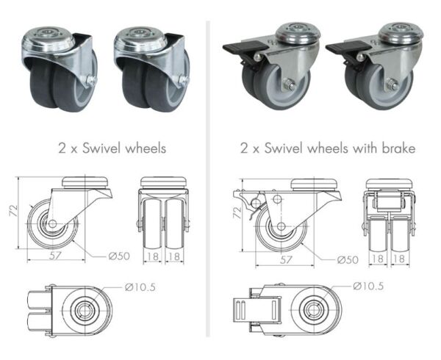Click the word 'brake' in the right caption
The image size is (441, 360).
click(x=398, y=148)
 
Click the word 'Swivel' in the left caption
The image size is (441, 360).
click(x=101, y=148)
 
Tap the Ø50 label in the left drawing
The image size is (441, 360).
click(x=119, y=256)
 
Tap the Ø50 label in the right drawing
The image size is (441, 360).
click(x=348, y=260)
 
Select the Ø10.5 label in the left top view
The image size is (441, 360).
click(x=140, y=287)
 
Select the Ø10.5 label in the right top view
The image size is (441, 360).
click(x=368, y=286)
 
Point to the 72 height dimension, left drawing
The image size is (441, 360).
click(x=13, y=211)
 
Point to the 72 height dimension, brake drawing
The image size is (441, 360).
click(x=237, y=213)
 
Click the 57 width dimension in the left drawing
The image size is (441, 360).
click(x=56, y=256)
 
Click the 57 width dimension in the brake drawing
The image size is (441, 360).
click(x=286, y=259)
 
